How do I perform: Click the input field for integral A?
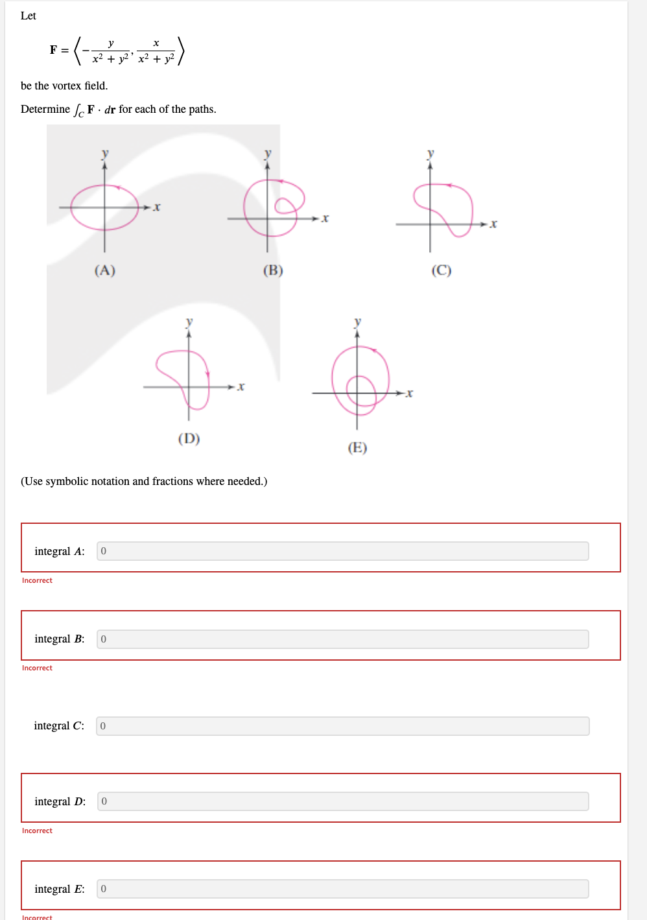342,551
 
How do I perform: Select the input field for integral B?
342,639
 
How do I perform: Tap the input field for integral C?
342,726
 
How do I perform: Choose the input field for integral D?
342,801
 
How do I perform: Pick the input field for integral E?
342,889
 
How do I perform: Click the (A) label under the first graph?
105,270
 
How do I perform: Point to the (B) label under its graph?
273,270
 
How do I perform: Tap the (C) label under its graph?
441,270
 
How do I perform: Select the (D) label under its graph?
189,439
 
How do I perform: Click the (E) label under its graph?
357,448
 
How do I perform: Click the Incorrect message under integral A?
37,580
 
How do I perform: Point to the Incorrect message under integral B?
37,668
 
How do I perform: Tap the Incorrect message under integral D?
37,831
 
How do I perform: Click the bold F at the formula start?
53,50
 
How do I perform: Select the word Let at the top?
29,16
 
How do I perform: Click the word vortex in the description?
66,86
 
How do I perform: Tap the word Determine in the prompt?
45,109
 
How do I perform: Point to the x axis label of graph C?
493,224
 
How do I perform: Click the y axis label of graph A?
105,154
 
